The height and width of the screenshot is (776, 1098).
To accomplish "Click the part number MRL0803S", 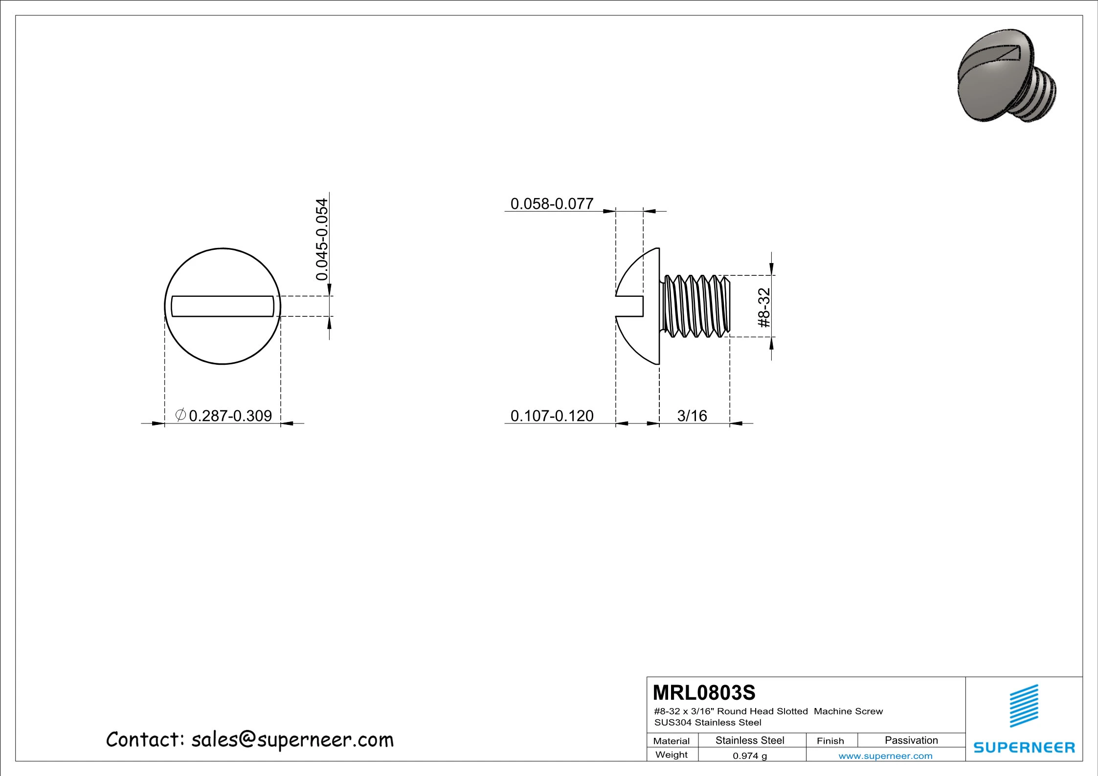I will coord(704,693).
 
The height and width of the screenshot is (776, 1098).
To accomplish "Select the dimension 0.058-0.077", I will coord(552,203).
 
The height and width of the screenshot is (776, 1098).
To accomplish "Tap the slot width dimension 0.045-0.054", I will coord(321,239).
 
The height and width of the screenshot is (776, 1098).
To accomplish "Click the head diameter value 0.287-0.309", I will coord(230,416).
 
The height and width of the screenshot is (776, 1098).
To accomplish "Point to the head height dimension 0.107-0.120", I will coord(552,416).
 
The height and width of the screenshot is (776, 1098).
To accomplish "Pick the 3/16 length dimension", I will coord(692,416).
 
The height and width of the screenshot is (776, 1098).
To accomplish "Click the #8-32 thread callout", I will coord(764,308).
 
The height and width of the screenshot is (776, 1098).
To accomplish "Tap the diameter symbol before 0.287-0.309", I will coord(180,415).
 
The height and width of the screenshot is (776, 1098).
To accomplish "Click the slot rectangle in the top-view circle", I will coord(223,306).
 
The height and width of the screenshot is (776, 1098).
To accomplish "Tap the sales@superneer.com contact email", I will coord(292,740).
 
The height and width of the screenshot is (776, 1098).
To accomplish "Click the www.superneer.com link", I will coord(885,756).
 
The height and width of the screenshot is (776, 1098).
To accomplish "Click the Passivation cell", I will coord(911,740).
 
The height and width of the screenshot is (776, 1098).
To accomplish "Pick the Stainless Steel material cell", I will coord(749,740).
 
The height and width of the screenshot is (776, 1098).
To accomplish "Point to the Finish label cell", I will coord(830,741).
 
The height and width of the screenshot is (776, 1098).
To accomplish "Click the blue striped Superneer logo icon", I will coord(1024,706).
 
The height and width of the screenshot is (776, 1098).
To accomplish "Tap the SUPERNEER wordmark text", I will coord(1024,748).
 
